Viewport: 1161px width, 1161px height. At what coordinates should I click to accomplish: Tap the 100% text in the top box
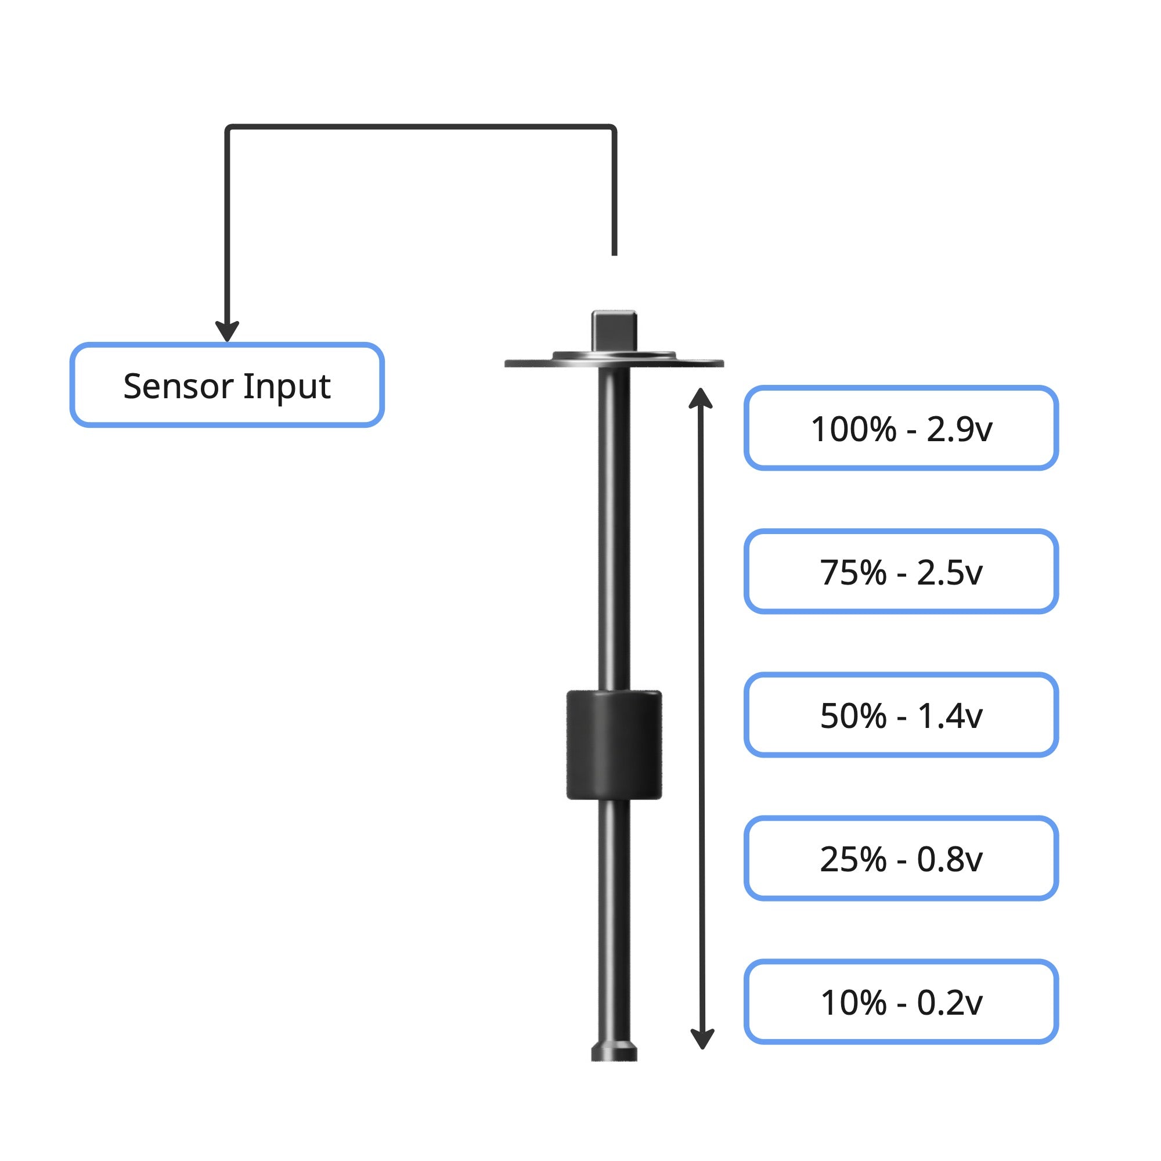[x=853, y=430]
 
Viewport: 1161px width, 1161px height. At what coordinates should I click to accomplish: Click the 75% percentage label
[x=853, y=573]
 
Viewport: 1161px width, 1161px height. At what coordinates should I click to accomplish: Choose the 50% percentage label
[x=853, y=716]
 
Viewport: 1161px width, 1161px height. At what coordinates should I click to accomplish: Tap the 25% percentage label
[x=853, y=859]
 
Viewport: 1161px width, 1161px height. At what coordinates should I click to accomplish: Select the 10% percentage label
[x=853, y=1003]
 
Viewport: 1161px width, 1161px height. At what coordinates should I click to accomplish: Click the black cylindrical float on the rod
[x=614, y=745]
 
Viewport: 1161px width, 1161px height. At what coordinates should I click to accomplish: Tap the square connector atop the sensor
[x=614, y=330]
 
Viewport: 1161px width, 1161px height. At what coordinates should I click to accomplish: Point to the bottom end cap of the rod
[x=614, y=1052]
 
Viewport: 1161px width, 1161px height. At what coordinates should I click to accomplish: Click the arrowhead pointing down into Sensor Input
[x=227, y=331]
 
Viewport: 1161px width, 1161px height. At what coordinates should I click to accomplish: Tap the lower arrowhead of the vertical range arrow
[x=702, y=1039]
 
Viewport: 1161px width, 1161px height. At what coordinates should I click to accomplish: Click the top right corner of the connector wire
[x=613, y=128]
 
